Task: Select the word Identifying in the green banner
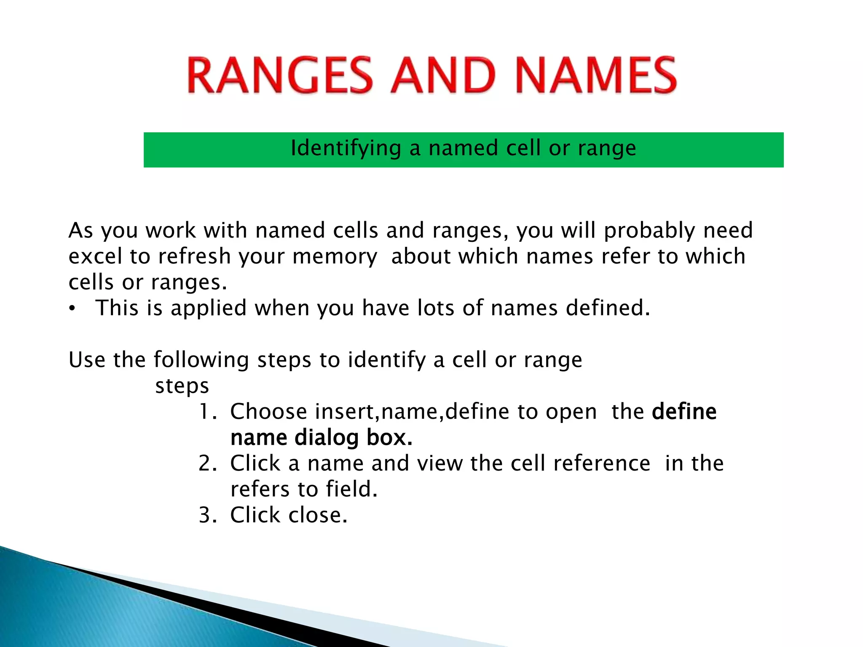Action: pyautogui.click(x=346, y=148)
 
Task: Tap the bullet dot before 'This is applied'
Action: pyautogui.click(x=72, y=309)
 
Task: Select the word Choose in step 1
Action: pyautogui.click(x=268, y=412)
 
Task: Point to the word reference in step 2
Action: pyautogui.click(x=602, y=464)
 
